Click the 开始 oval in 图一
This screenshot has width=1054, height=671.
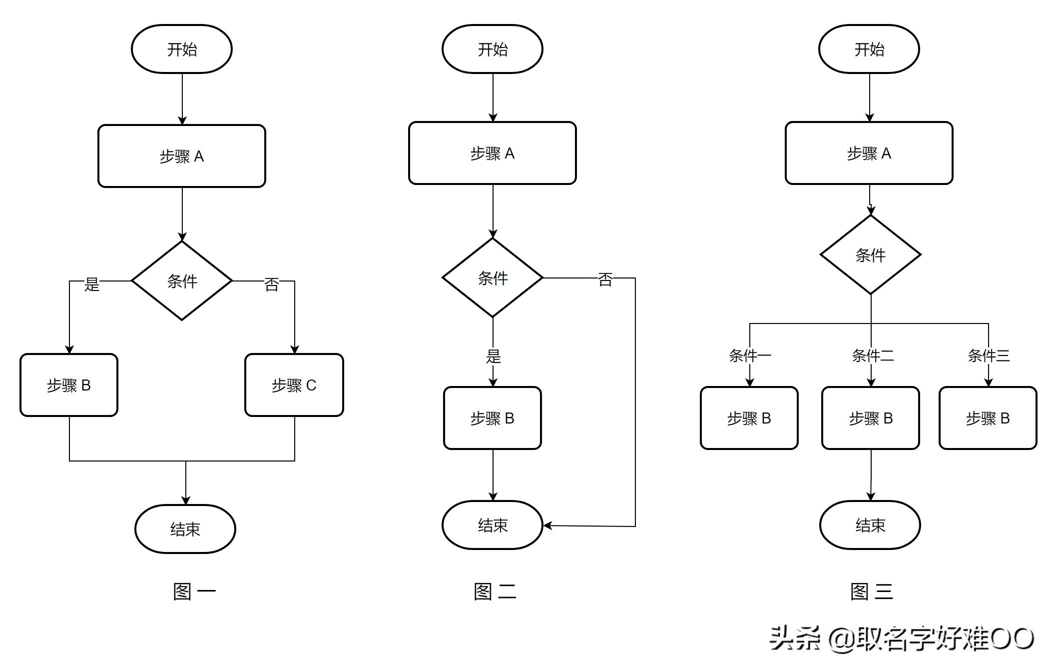point(182,49)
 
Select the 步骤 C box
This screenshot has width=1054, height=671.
point(294,385)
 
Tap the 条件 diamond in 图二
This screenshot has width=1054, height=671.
point(493,277)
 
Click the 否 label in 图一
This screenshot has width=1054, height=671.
point(272,284)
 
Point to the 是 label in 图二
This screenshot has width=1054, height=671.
point(494,356)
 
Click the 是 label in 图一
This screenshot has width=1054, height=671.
point(92,284)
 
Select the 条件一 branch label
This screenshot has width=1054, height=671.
point(750,355)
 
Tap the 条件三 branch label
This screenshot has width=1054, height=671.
point(989,355)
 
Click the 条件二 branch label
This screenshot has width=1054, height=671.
point(872,355)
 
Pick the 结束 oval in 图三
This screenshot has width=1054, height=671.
point(870,525)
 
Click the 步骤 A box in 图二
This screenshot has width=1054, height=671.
point(493,153)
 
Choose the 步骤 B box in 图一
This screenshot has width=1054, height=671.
point(69,385)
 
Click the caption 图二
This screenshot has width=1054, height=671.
point(495,591)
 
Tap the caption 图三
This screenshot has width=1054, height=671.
point(871,591)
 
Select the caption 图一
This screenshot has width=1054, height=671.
point(194,591)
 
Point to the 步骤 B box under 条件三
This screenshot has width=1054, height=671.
point(988,418)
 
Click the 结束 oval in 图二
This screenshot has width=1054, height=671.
point(493,525)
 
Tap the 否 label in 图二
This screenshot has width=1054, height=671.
point(605,279)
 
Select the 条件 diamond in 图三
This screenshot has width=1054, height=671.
point(871,255)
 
